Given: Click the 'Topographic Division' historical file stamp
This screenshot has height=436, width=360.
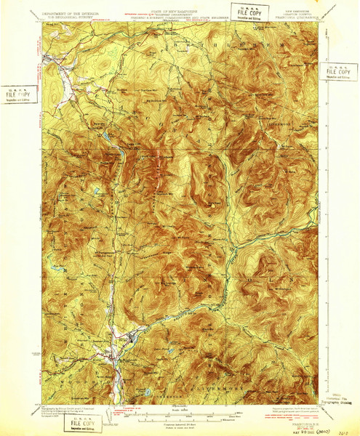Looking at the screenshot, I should (339, 400).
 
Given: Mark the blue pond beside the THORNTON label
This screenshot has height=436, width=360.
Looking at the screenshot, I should (150, 392).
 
